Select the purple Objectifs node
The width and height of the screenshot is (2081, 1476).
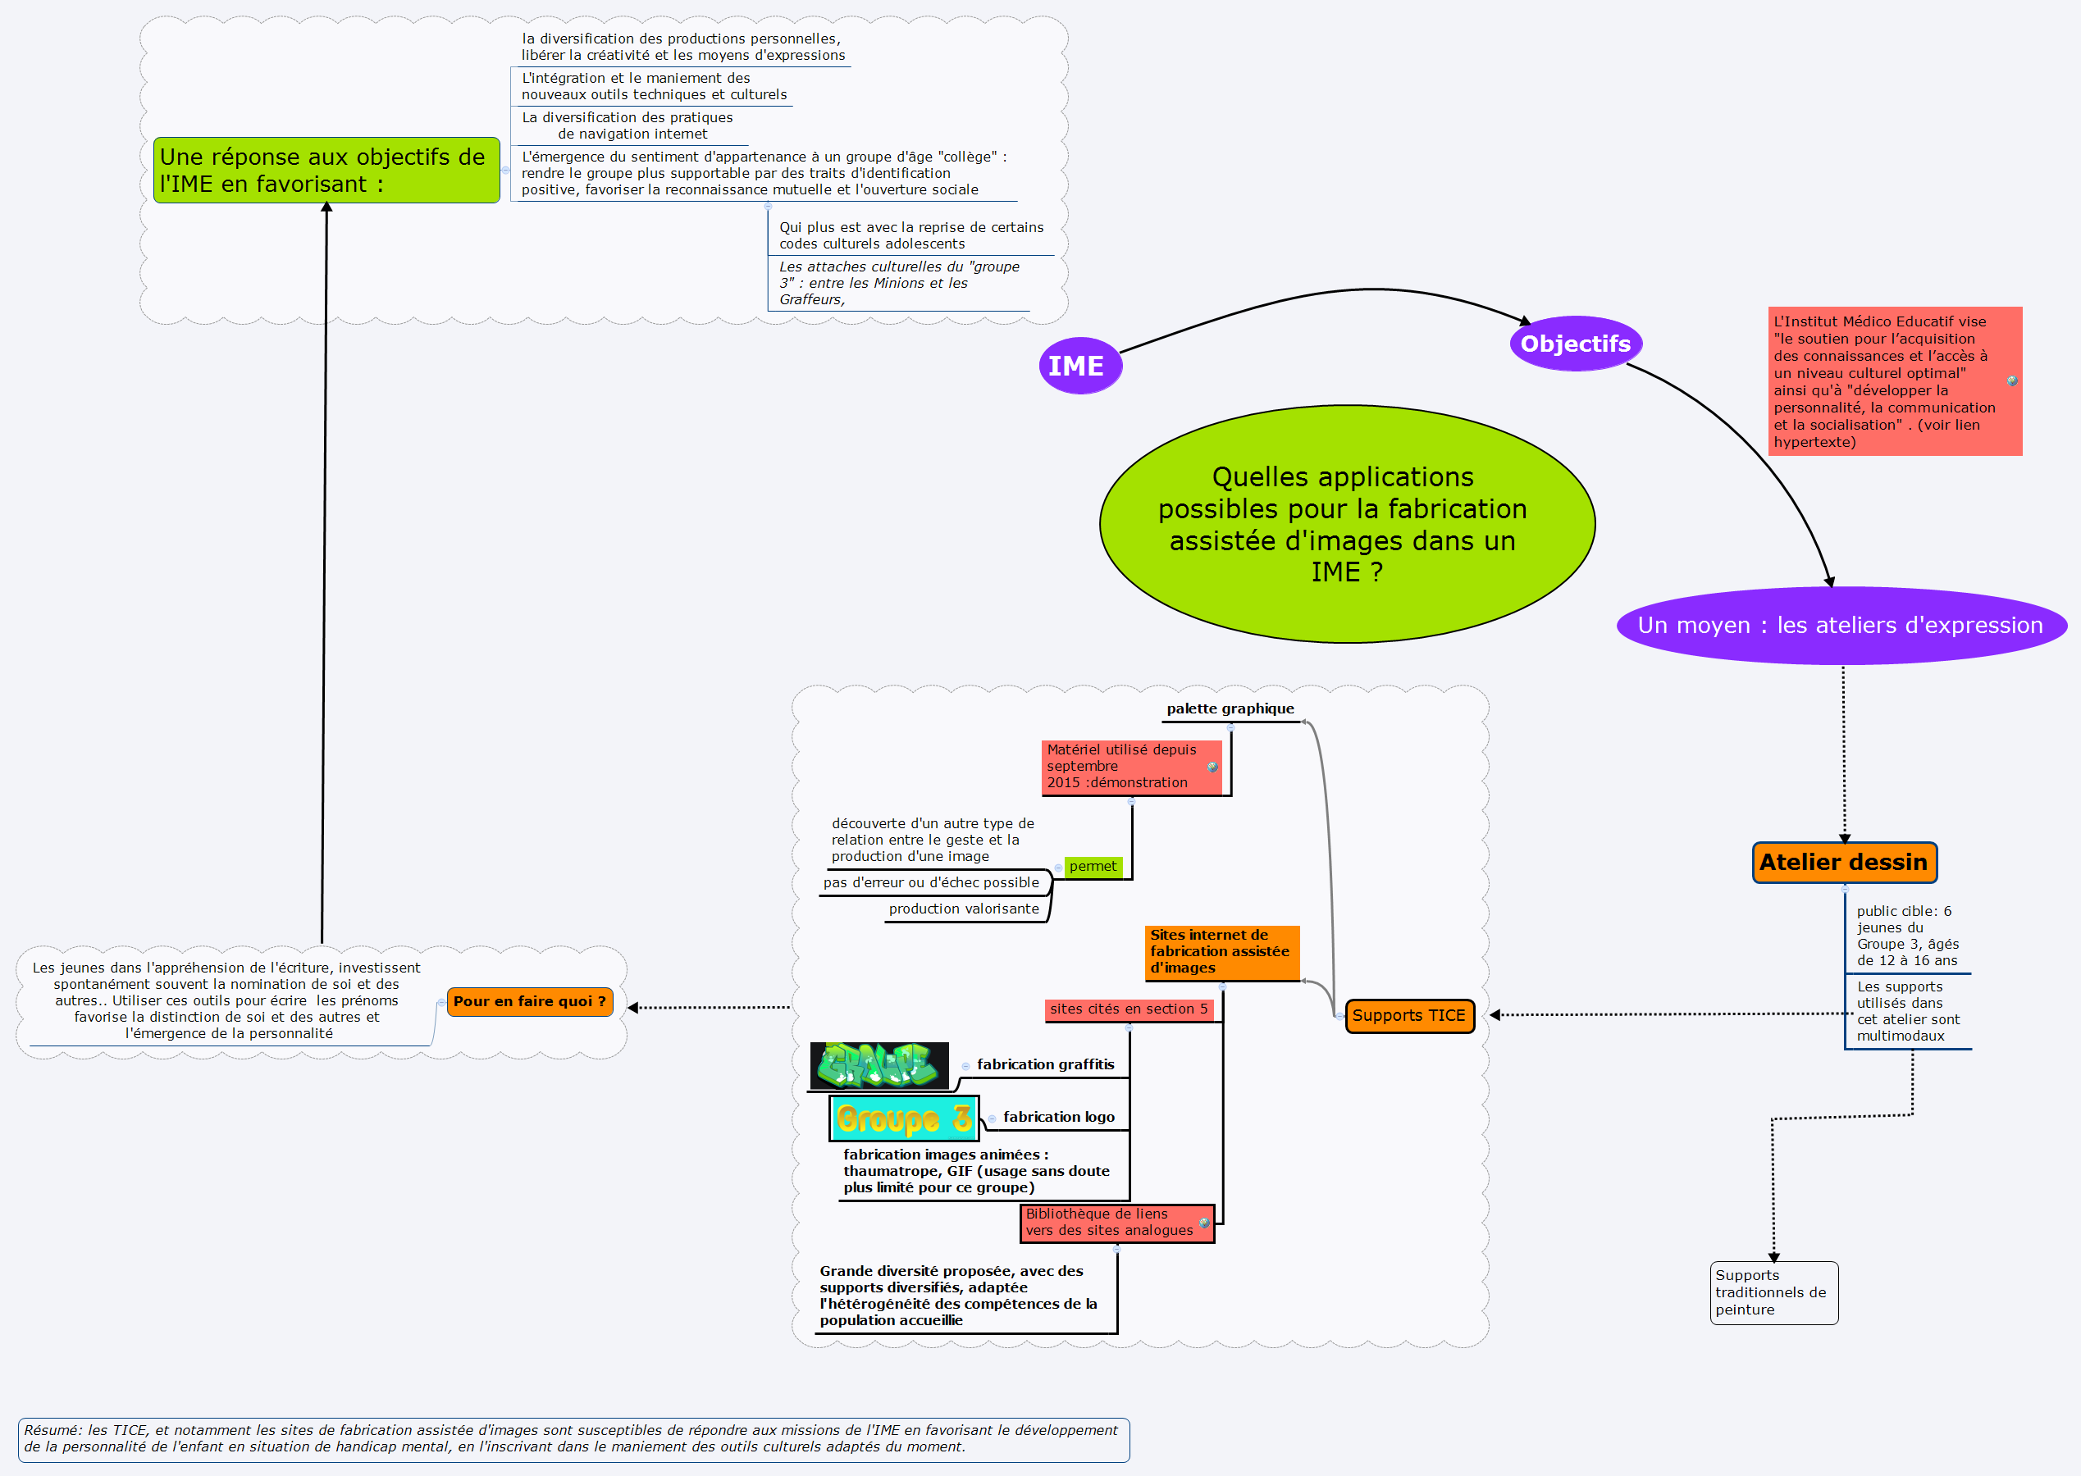pos(1576,344)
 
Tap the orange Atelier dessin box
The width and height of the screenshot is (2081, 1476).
pos(1844,862)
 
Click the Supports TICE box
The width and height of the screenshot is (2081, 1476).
pos(1409,1015)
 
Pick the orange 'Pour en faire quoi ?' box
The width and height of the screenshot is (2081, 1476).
pos(530,1001)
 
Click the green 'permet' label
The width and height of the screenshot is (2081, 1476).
pos(1093,866)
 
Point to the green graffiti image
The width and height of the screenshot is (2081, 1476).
pos(879,1065)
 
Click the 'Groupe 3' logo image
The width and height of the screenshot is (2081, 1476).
pos(904,1118)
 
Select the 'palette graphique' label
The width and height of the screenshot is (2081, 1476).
pos(1230,709)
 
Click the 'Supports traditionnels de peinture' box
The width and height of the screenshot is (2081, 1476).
pos(1773,1292)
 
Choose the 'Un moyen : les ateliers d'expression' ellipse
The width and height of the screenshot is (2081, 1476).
pos(1841,626)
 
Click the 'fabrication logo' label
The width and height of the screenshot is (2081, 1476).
pos(1058,1117)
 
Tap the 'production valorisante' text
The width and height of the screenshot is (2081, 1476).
pos(964,909)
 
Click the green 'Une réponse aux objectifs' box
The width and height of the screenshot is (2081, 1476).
pos(326,171)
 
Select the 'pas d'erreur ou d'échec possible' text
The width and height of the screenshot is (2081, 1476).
pos(931,882)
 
